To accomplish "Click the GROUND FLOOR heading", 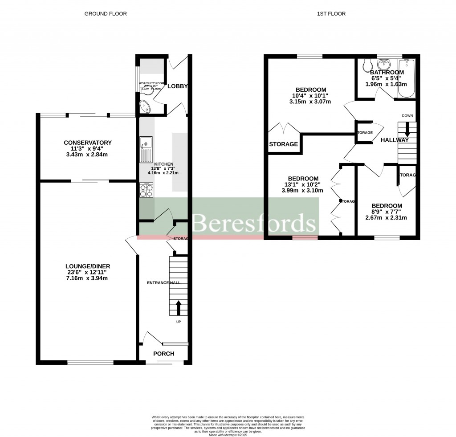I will (106, 14).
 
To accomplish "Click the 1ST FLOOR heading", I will (331, 14).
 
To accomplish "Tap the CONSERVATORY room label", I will (88, 143).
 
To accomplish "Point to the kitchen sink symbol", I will (146, 149).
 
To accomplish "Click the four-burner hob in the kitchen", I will (146, 191).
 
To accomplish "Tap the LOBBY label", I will (177, 86).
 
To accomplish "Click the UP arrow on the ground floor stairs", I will (179, 307).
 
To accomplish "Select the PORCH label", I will (163, 354).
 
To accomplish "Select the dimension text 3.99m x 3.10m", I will (303, 190).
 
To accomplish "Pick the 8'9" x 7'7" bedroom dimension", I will (387, 212).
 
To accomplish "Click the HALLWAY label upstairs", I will (394, 140).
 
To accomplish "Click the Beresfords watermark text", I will (254, 223).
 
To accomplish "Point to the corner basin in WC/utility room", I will (145, 106).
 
